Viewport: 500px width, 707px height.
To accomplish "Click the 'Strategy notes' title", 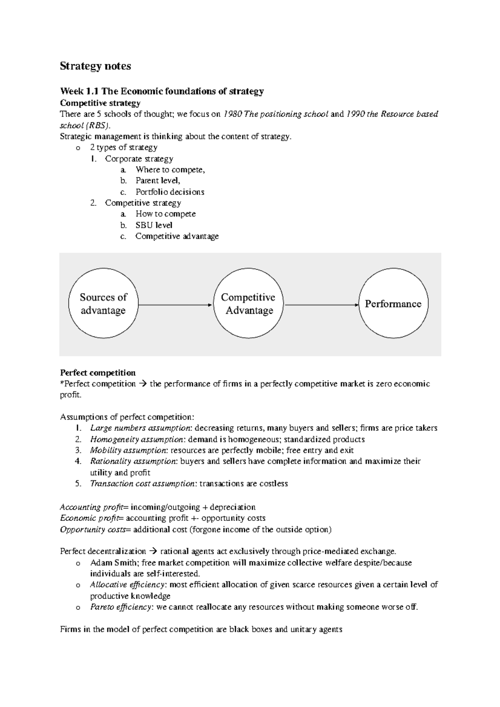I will [x=95, y=66].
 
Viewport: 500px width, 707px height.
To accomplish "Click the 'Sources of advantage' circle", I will [x=103, y=304].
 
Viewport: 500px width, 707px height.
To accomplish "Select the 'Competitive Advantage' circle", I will [x=249, y=304].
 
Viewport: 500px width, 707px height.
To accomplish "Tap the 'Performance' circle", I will [x=393, y=304].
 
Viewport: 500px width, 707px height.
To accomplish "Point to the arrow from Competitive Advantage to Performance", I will [x=321, y=305].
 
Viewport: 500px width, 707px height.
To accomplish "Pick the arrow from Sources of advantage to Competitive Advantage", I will [x=175, y=305].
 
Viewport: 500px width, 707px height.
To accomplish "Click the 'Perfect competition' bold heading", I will [x=98, y=373].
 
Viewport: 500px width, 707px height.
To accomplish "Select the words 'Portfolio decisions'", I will [x=170, y=192].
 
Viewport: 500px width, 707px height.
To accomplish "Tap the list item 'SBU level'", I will [x=154, y=225].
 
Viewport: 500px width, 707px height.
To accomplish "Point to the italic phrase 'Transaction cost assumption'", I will [x=142, y=484].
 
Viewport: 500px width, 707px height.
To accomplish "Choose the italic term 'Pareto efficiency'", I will [x=121, y=607].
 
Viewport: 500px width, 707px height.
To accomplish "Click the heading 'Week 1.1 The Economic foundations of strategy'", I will [x=162, y=91].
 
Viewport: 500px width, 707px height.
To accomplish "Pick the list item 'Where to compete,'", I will [x=170, y=169].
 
